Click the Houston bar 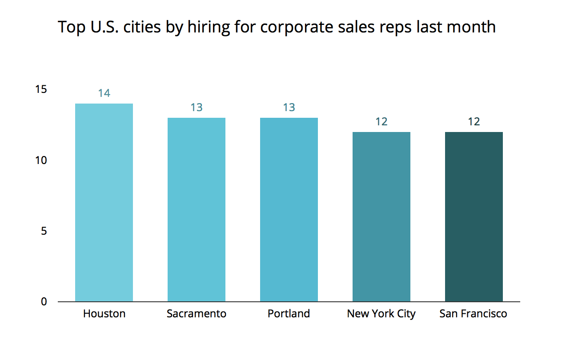click(104, 203)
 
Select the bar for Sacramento click(197, 210)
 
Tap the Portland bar click(289, 210)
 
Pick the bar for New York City click(381, 217)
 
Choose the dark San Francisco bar click(474, 217)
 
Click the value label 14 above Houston click(104, 93)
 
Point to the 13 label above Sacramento click(197, 108)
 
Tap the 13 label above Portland click(289, 108)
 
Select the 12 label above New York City click(381, 122)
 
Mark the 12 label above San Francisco click(474, 122)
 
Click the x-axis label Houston click(104, 314)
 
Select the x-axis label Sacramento click(197, 314)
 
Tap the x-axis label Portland click(289, 314)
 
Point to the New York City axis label click(381, 314)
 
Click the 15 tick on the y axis click(41, 90)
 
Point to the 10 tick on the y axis click(41, 160)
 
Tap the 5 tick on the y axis click(44, 231)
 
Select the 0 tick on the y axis click(44, 302)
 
